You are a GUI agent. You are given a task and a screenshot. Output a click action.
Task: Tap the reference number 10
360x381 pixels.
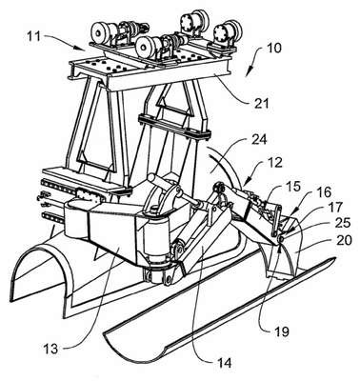pos(273,49)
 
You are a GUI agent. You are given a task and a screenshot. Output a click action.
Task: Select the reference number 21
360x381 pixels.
pos(260,103)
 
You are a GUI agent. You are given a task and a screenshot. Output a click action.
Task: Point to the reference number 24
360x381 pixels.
pos(260,140)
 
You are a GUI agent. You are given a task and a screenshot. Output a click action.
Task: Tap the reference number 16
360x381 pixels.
pos(322,192)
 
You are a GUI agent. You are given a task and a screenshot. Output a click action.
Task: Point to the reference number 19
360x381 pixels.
pos(281,331)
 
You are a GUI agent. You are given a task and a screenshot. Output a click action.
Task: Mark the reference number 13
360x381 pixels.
pos(50,349)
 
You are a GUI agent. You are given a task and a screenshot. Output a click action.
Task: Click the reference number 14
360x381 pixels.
pos(223,363)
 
